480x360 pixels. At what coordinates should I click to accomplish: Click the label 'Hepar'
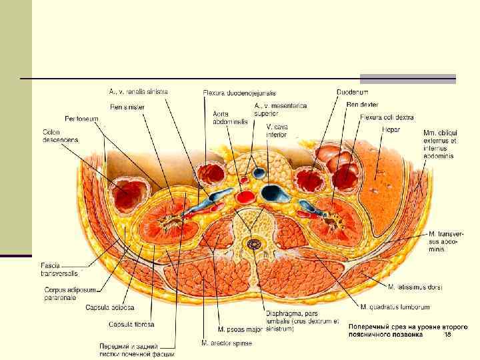[391, 129]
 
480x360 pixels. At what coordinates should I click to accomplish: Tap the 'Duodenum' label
[353, 92]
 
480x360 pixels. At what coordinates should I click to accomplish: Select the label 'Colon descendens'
[60, 136]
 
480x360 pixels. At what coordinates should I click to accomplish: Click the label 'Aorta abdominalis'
[230, 118]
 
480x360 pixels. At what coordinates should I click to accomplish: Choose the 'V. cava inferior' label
[277, 131]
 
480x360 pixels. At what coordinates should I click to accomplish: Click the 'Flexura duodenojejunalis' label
[239, 93]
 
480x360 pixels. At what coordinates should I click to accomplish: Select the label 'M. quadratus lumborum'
[395, 307]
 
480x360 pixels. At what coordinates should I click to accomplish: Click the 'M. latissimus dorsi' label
[415, 287]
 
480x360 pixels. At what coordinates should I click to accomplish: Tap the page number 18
[447, 335]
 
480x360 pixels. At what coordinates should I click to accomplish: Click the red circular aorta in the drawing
[245, 196]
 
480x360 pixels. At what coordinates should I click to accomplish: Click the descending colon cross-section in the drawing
[129, 194]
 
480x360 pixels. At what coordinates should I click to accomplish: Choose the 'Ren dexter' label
[362, 105]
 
